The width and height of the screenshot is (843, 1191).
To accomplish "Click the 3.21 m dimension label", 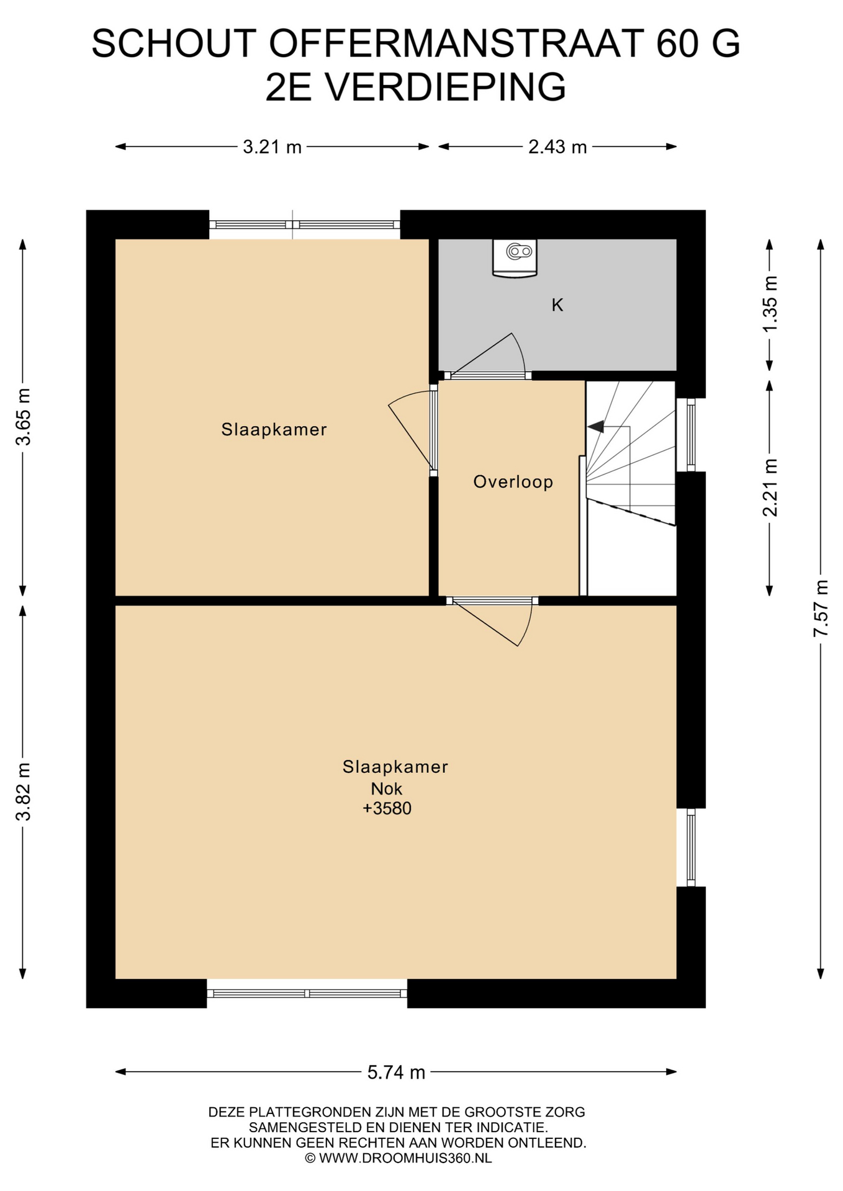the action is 272,147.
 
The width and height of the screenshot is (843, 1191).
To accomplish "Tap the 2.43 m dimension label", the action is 557,147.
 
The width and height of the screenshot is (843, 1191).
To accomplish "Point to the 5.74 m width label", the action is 396,1072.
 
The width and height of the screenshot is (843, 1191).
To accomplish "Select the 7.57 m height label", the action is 821,608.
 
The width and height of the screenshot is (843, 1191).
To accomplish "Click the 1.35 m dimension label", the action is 770,303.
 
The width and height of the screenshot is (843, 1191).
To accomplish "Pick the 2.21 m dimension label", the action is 770,488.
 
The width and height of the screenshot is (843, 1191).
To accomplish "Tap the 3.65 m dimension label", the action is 23,417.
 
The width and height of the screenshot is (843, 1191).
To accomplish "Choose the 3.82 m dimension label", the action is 23,792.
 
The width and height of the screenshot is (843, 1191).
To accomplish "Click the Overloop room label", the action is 513,482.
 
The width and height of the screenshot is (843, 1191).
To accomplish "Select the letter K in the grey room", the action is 557,305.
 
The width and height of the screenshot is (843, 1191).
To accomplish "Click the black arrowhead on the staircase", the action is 596,427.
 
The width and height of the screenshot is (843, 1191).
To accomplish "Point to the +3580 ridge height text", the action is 387,808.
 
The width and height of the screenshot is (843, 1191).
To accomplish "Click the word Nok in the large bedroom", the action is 387,789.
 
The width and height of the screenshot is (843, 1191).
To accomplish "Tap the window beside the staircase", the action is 691,435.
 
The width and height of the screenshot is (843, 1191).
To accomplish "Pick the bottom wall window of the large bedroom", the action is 307,993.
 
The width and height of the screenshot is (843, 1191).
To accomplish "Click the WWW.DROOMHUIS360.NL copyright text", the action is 398,1158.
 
